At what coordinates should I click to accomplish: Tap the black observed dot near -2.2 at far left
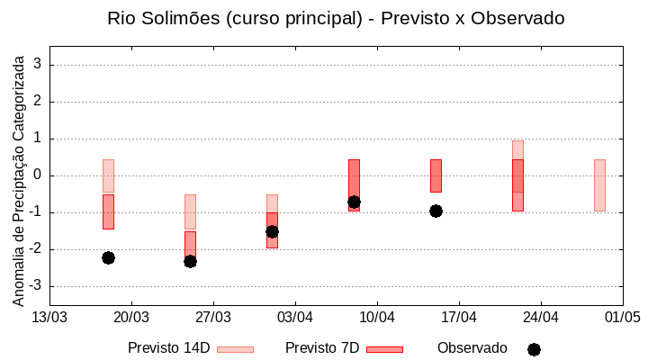coord(108,257)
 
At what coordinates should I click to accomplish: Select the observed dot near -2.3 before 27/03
coord(190,261)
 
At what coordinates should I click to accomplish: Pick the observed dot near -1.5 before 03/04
coord(272,231)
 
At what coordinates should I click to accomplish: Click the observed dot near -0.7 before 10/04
coord(354,202)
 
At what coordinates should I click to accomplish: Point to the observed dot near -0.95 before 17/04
coord(436,211)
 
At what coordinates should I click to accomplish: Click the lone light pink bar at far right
coord(599,184)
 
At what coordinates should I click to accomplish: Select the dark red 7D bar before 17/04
coord(436,175)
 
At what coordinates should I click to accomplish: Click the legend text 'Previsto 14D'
coord(168,347)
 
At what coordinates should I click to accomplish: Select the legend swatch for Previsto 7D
coord(384,349)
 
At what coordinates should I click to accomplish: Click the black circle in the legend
coord(534,349)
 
